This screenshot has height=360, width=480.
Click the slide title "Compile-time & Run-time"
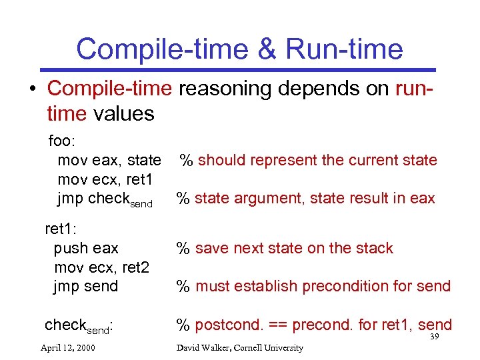(x=239, y=49)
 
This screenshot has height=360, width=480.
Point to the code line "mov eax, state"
(x=109, y=160)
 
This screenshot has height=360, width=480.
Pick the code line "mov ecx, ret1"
(x=105, y=179)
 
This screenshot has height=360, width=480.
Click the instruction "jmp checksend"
(x=105, y=199)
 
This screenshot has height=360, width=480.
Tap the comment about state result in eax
(x=305, y=198)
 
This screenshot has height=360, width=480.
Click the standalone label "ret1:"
(x=61, y=229)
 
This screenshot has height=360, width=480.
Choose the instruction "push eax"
(x=86, y=248)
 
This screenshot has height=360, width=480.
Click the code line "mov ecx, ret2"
(x=101, y=267)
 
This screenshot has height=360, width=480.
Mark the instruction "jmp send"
(x=86, y=287)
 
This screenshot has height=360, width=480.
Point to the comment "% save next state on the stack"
(x=284, y=248)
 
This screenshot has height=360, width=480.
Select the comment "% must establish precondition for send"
(x=313, y=287)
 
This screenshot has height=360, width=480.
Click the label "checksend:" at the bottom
(x=78, y=325)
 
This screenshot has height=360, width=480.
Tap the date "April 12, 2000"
(x=67, y=347)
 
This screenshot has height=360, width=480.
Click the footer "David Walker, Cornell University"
(x=239, y=347)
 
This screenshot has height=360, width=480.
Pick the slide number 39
(x=434, y=337)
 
